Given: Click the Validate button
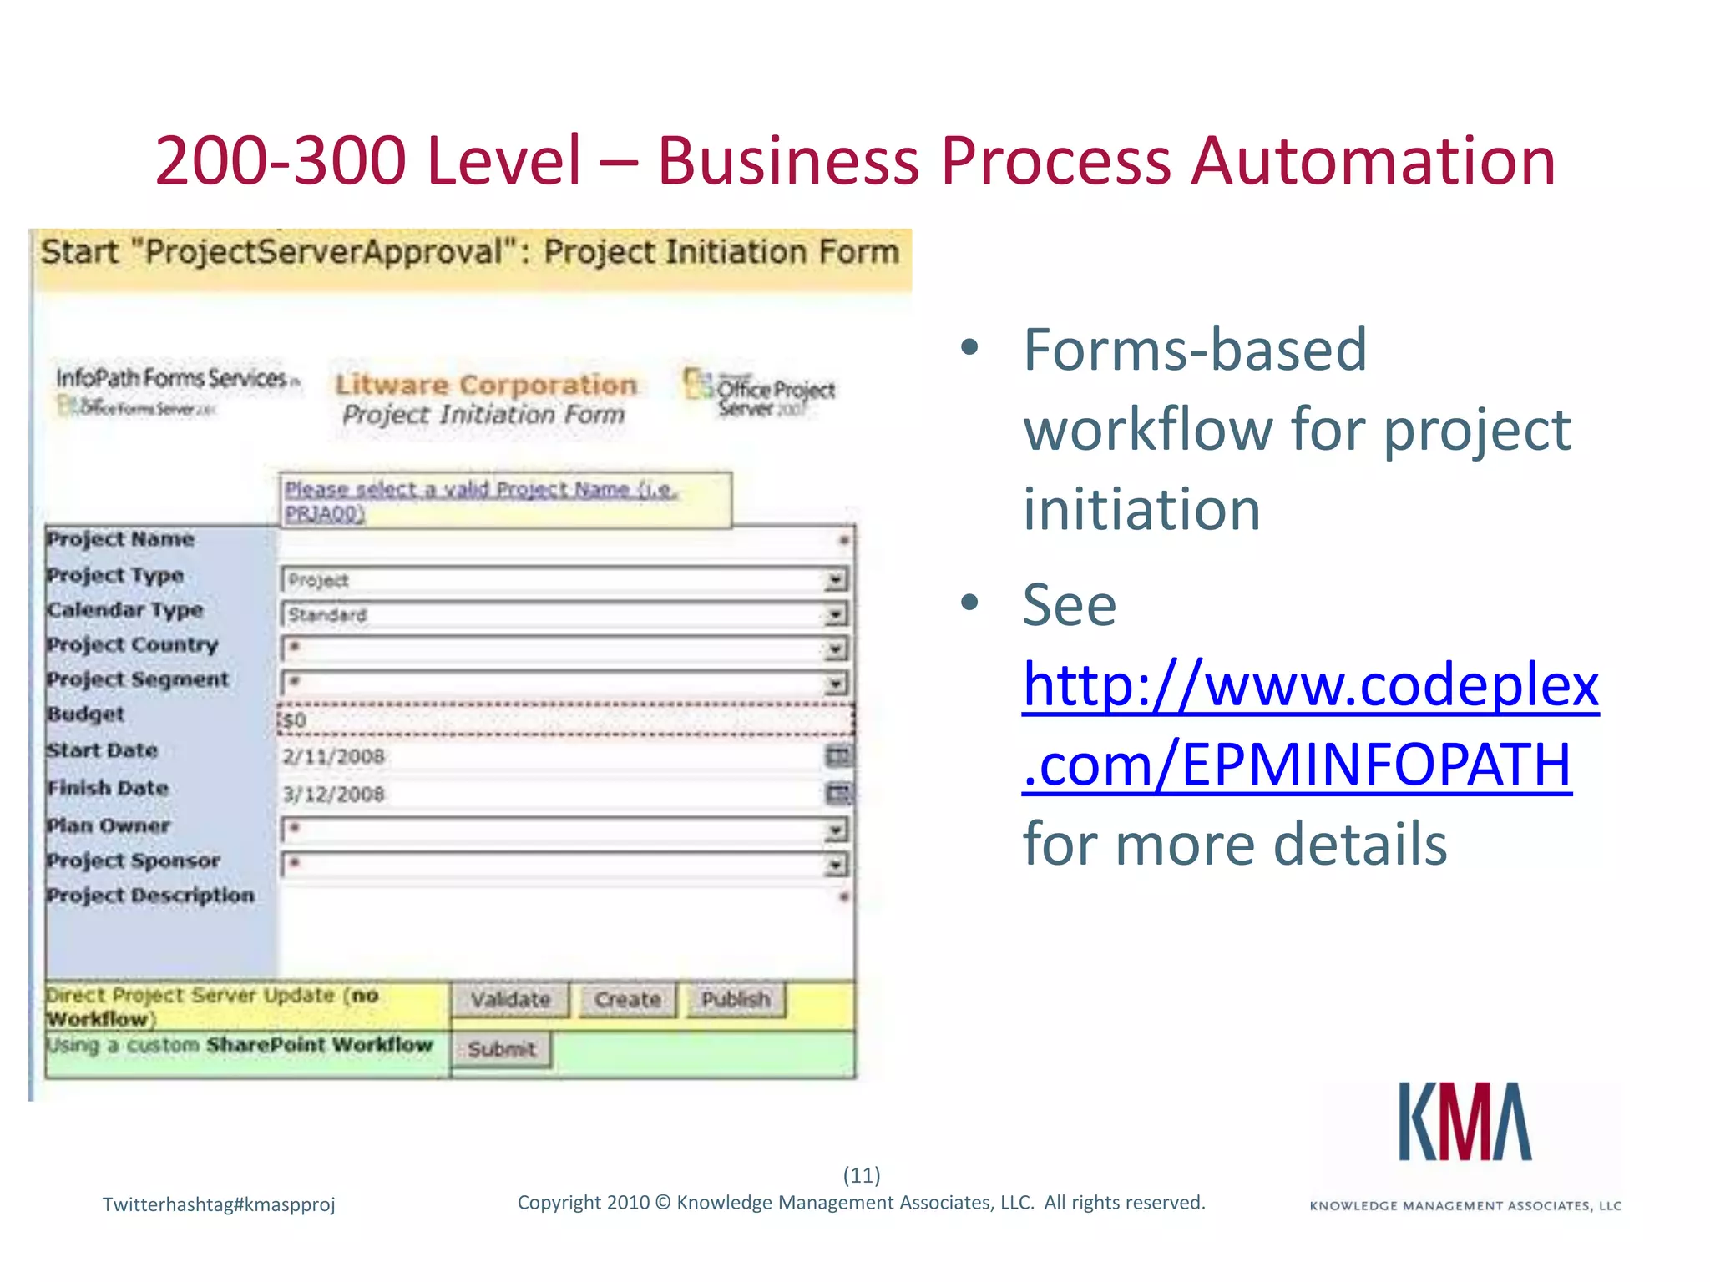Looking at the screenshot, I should pos(510,999).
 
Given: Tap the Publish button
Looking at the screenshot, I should pos(736,999).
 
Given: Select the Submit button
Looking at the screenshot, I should pos(501,1049).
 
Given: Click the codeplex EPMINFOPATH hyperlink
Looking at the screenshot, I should pos(1309,724).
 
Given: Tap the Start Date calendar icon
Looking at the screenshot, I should pos(837,756).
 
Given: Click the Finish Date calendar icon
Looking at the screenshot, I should pos(837,793).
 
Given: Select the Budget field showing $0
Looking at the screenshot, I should pos(564,719).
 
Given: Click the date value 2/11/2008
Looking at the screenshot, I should pos(333,756).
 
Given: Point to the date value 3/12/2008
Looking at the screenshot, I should pos(333,794).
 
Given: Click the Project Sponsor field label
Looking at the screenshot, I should pos(134,861).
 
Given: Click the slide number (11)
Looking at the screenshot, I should pos(862,1175).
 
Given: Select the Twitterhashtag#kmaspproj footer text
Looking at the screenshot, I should pos(219,1204).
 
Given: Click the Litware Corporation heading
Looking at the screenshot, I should pos(486,385).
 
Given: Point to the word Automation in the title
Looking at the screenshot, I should pos(1373,160).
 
